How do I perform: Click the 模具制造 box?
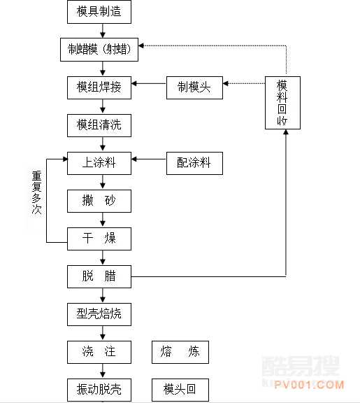click(103, 11)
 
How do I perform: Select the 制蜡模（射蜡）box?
click(104, 50)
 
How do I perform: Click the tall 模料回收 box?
click(282, 103)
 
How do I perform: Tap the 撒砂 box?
click(99, 201)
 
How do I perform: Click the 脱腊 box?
click(99, 276)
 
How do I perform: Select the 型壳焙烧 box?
click(99, 313)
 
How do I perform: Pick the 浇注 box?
click(99, 351)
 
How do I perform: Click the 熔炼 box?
click(180, 351)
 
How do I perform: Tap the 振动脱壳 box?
click(99, 389)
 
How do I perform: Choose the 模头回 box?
click(180, 389)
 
